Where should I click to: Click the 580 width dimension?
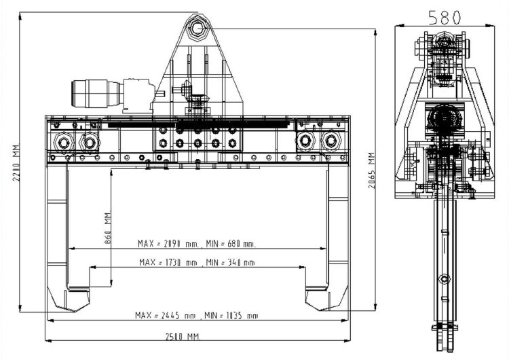pyautogui.click(x=445, y=17)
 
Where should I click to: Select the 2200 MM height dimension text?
pyautogui.click(x=16, y=163)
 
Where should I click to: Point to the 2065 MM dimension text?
pyautogui.click(x=372, y=170)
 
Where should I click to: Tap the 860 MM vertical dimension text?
pyautogui.click(x=108, y=228)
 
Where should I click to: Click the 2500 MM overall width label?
pyautogui.click(x=183, y=337)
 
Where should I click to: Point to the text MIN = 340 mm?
pyautogui.click(x=230, y=262)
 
